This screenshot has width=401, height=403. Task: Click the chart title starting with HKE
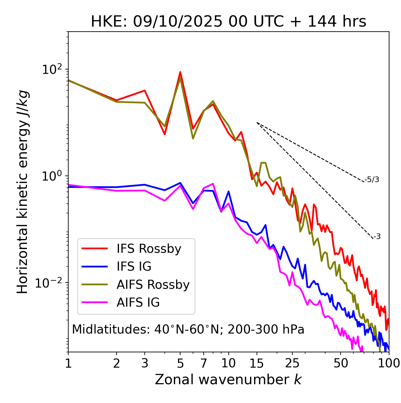tap(228, 22)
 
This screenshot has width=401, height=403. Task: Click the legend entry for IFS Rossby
tap(149, 249)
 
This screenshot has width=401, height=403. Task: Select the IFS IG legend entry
tap(134, 267)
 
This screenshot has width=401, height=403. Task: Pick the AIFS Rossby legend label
tap(153, 285)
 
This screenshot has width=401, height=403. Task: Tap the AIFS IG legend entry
tap(138, 303)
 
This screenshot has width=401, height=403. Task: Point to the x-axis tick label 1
tap(68, 363)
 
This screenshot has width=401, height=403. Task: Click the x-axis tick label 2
tap(117, 363)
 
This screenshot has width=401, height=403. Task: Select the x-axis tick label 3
tap(145, 363)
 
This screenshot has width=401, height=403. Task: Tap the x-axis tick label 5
tap(180, 363)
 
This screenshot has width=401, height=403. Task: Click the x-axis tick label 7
tap(204, 363)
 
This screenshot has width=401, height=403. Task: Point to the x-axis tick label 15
tap(257, 363)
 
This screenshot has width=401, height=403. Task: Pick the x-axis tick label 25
tap(292, 363)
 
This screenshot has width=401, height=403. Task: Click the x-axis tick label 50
tap(341, 363)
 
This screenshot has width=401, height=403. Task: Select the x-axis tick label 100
tap(389, 363)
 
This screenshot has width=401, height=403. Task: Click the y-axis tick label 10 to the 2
tap(51, 69)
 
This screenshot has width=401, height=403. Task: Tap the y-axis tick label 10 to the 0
tap(51, 176)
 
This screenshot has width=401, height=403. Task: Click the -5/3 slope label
tap(372, 180)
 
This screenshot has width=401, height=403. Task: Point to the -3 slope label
tap(377, 237)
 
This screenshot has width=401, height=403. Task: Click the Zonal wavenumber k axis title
tap(228, 380)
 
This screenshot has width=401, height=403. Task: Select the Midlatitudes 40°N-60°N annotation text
tap(188, 329)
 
